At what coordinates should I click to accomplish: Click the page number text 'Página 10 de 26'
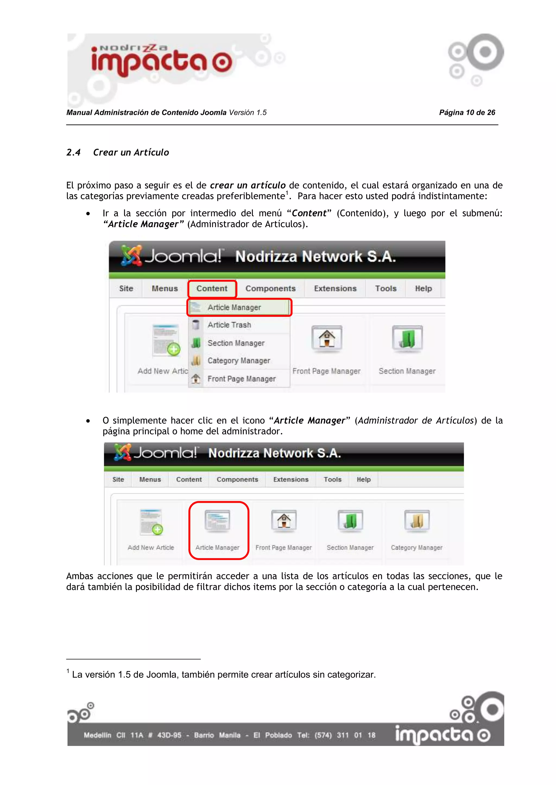click(467, 112)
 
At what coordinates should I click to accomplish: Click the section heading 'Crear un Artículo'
click(131, 153)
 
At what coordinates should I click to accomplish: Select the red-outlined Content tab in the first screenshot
click(212, 289)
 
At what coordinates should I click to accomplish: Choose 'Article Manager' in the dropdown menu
click(234, 307)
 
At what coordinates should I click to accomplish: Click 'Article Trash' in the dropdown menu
click(229, 325)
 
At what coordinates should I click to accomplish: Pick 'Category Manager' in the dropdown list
click(239, 361)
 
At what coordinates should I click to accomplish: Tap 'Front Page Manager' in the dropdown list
click(241, 379)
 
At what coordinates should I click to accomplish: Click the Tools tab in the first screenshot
click(386, 289)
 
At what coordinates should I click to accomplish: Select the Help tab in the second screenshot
click(364, 480)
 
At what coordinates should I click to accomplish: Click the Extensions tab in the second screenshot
click(291, 480)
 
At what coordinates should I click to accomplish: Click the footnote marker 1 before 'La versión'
click(68, 671)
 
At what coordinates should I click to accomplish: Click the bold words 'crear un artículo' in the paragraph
click(248, 185)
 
